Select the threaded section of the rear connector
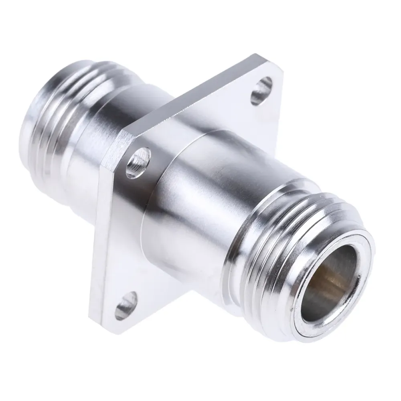pyautogui.click(x=44, y=120)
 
